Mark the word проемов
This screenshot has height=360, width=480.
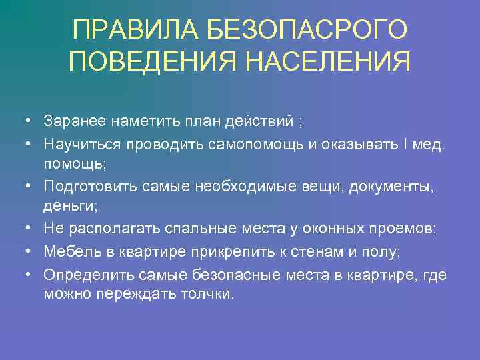coord(405,228)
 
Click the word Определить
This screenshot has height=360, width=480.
coord(82,275)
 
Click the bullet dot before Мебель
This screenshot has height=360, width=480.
coord(25,251)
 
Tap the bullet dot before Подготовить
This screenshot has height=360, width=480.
coord(25,188)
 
